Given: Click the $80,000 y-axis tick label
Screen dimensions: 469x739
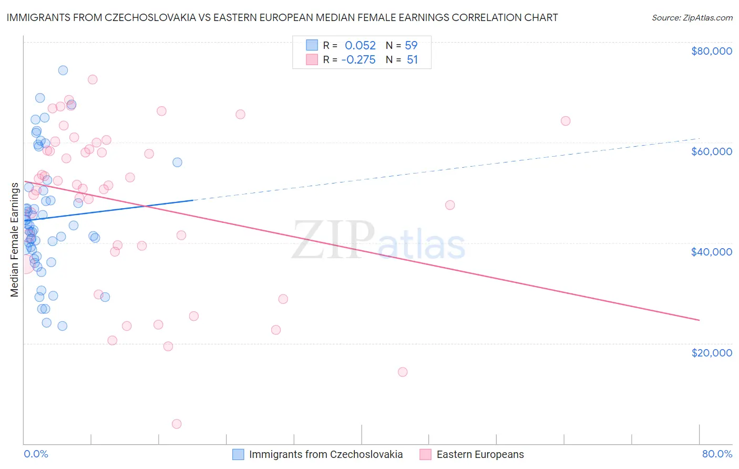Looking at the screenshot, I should point(711,51).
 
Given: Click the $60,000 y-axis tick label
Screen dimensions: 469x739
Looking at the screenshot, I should point(711,151).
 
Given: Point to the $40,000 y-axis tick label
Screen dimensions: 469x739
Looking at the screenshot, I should point(711,252).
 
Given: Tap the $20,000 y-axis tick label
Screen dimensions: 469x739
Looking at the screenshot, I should point(711,352).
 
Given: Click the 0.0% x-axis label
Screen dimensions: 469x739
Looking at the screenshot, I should point(36,454).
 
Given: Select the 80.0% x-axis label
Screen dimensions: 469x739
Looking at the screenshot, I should point(717,454).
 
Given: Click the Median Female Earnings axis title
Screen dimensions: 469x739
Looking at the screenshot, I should point(15,240).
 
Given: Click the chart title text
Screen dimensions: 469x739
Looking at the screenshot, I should point(282,17).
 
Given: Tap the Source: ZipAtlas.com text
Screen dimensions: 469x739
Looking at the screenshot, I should point(692,17).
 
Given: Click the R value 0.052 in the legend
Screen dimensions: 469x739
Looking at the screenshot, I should point(360,46).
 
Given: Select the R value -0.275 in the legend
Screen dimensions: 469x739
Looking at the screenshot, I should point(358,60).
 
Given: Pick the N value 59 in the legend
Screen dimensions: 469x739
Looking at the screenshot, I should point(411,46).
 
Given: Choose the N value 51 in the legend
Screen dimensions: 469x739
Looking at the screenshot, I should point(412,60).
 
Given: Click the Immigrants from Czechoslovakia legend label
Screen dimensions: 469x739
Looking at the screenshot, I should point(325,454).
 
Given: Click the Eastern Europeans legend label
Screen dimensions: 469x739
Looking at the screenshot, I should point(480,454).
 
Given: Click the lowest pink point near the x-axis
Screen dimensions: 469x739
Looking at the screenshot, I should point(177,424).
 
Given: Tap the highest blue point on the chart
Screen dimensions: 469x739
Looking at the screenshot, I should point(63,70).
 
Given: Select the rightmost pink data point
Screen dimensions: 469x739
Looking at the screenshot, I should point(566,121).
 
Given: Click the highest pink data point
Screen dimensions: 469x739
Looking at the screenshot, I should point(93,79).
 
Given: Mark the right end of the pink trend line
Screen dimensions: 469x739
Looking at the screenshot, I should point(699,320).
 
